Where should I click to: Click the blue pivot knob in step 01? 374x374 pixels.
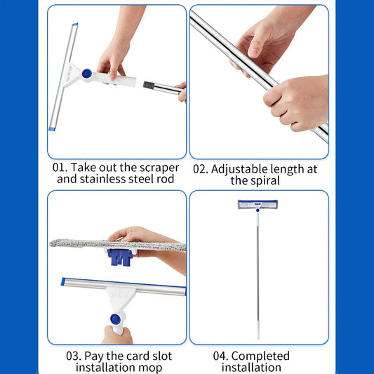coord(87,74)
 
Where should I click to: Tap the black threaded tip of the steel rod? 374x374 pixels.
coord(149,85)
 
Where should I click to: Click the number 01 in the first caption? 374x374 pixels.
coord(59,168)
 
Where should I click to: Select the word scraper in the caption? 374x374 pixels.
coord(159,168)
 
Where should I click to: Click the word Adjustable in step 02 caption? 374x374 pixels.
coord(239,170)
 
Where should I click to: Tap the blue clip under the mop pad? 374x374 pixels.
coord(120,258)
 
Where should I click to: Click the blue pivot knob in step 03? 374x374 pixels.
coord(116,319)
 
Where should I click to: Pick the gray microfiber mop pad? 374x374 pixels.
coord(118,245)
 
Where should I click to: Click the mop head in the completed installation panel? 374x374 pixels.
coord(258,204)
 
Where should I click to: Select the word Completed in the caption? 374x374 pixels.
coord(260,356)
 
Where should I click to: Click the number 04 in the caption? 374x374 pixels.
coord(220,356)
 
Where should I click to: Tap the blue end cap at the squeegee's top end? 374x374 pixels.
coord(75,25)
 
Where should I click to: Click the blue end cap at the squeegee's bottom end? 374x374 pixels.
coord(52,129)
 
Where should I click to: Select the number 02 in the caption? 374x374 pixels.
coord(201,169)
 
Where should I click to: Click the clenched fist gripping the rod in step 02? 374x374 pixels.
coord(297,102)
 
